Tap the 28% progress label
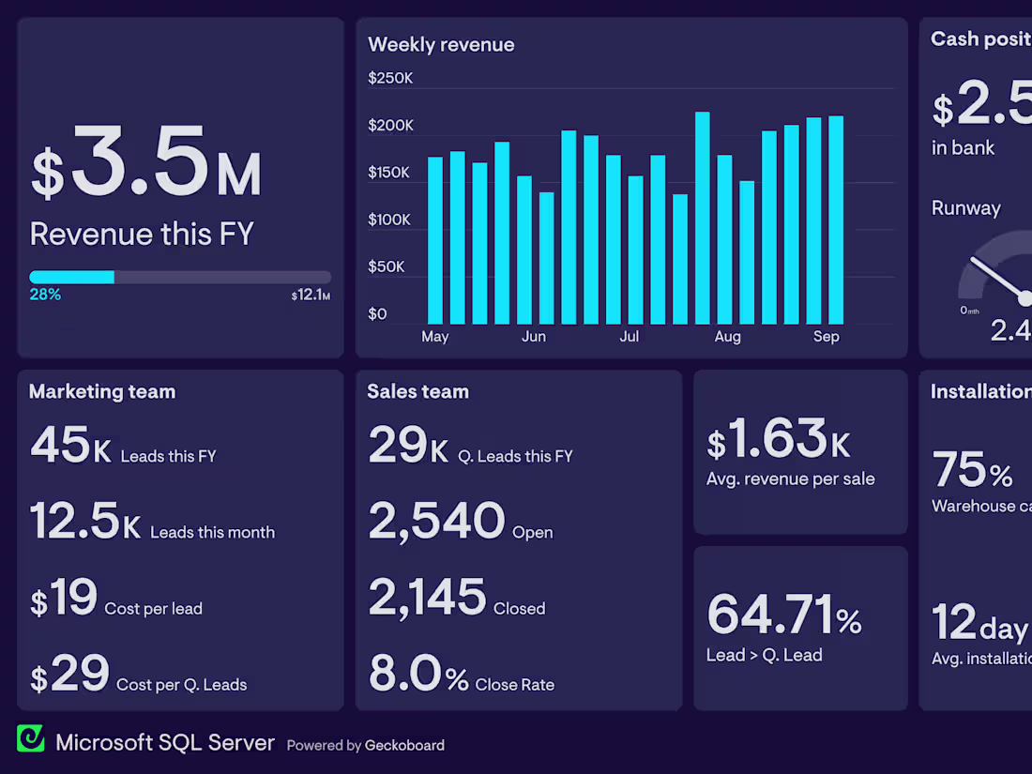coord(45,295)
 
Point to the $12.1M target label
coord(311,296)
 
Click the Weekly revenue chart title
coord(441,44)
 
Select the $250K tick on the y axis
coord(390,78)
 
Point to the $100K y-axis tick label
coord(390,220)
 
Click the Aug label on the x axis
coord(727,336)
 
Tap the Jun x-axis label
coord(534,336)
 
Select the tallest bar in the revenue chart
coord(702,218)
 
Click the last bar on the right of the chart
coord(835,220)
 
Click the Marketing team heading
coord(102,391)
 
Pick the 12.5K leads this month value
coord(85,522)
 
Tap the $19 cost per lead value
coord(64,598)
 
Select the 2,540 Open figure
coord(436,522)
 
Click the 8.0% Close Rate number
coord(417,674)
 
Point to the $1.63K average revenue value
coord(779,439)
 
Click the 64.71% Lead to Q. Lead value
coord(783,615)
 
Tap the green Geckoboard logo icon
coord(31,738)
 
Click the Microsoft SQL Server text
coord(165,743)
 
